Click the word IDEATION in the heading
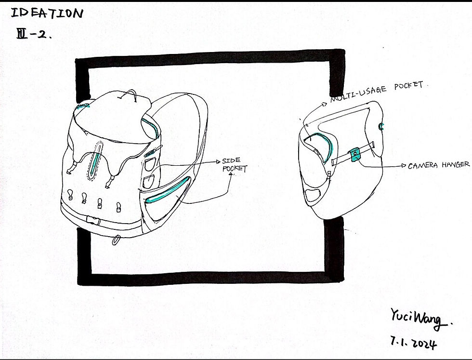pos(47,14)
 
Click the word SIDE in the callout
pos(231,160)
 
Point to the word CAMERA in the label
pos(423,165)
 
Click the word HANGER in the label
pos(456,164)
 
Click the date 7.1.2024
pos(414,342)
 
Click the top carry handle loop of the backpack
pos(128,95)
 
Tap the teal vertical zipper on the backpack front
pos(96,162)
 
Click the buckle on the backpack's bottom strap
pos(93,221)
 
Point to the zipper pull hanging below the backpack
pos(116,240)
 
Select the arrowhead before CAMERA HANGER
pos(404,166)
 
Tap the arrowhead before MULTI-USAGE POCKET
pos(325,104)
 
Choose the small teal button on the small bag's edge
pos(381,126)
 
